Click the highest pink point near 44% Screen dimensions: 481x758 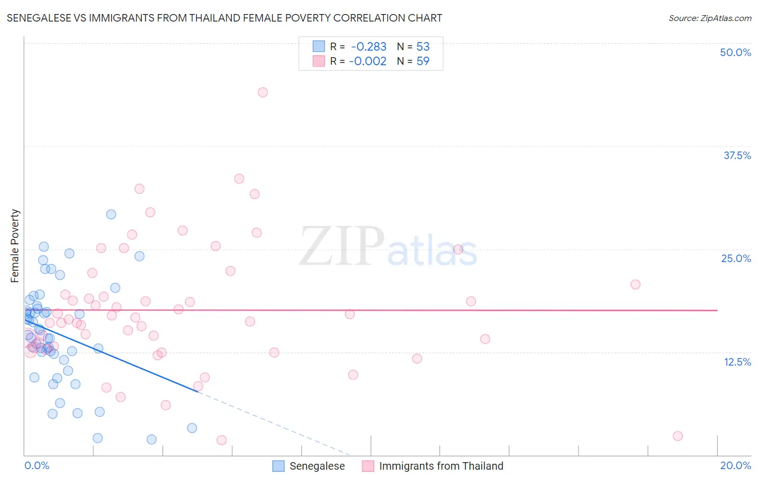(x=263, y=92)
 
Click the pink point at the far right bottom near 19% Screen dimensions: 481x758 (x=678, y=436)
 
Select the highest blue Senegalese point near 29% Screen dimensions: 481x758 (x=111, y=214)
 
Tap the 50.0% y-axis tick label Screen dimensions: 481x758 (x=735, y=52)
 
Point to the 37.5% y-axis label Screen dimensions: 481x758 (x=737, y=155)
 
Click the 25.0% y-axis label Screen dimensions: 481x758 (x=736, y=258)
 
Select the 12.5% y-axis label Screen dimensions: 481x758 (x=737, y=362)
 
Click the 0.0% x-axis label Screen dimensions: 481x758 (x=37, y=465)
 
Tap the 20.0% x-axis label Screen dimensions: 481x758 (x=735, y=465)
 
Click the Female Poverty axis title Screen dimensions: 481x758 (x=15, y=246)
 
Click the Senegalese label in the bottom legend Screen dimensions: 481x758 (x=317, y=466)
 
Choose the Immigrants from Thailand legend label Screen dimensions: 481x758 (x=441, y=466)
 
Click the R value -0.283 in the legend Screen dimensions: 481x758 (x=369, y=47)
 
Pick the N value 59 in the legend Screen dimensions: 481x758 (x=423, y=61)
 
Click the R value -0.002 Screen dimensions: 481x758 (x=368, y=61)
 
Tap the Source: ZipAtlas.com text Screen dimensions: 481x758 (x=709, y=18)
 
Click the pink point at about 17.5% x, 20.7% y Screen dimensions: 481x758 (x=635, y=284)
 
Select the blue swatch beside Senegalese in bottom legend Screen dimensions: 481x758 (x=278, y=466)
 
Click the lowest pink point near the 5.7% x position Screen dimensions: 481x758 (x=221, y=440)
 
